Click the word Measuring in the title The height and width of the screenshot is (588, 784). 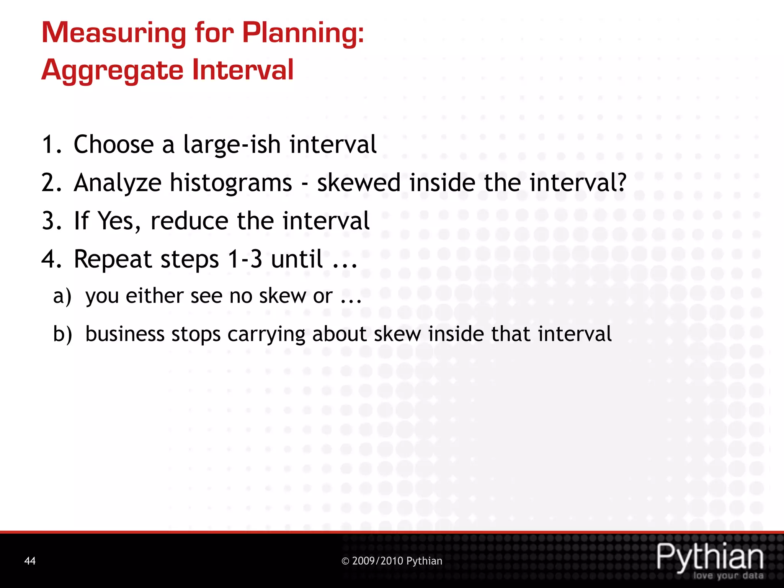(114, 33)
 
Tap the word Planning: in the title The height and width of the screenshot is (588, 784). (303, 33)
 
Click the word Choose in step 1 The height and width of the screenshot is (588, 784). (114, 145)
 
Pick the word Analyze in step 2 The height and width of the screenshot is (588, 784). (118, 183)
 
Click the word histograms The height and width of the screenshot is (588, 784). (231, 183)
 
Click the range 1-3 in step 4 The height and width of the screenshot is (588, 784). (245, 259)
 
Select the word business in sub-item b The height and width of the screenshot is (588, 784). (125, 334)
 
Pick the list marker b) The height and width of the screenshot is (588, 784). (62, 334)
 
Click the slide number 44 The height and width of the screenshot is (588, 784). (30, 561)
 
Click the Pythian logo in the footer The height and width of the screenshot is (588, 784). (710, 557)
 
